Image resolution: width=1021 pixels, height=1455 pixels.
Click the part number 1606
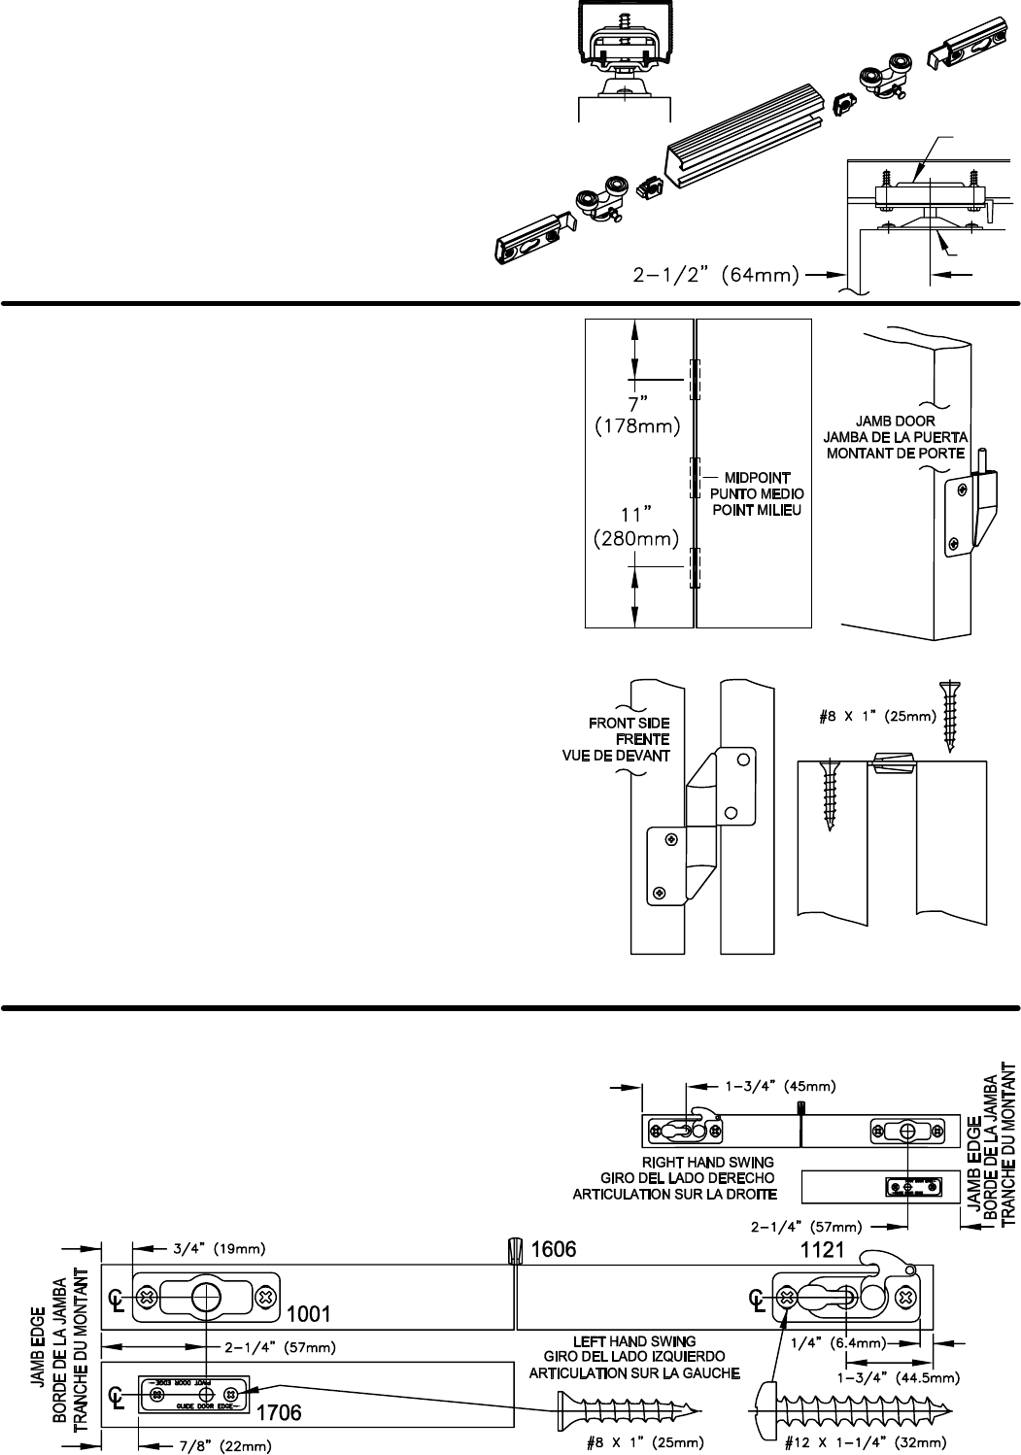[x=554, y=1249]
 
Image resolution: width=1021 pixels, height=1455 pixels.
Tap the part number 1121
[x=822, y=1250]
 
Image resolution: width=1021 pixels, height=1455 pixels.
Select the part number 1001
[x=308, y=1314]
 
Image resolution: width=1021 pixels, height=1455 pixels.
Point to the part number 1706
[x=279, y=1412]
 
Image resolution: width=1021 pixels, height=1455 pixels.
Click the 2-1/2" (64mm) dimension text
[x=716, y=276]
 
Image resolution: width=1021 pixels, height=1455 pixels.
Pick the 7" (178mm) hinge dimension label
[x=636, y=413]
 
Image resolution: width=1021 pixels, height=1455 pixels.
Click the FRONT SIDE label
[x=629, y=723]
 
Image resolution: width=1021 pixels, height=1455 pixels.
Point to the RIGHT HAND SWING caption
[x=708, y=1162]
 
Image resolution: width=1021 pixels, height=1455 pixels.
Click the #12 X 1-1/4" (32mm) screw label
[x=866, y=1443]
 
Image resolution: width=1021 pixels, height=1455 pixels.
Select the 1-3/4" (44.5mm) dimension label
[x=898, y=1376]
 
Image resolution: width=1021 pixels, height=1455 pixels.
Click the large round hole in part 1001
[x=206, y=1296]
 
